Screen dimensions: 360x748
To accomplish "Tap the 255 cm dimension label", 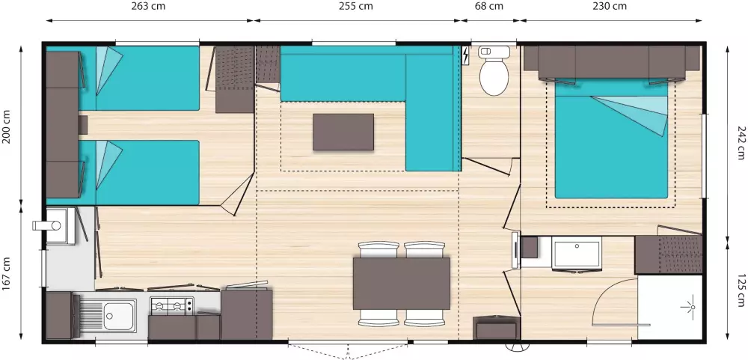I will pos(355,7).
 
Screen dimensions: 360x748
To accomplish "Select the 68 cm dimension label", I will pos(488,7).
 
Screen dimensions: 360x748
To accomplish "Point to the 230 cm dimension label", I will pos(609,7).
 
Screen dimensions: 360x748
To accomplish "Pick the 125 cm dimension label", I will pos(740,291).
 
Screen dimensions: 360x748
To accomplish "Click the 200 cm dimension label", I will pos(7,126).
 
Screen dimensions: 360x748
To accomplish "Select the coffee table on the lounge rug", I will pos(343,132).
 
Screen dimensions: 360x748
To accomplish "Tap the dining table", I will pos(402,283).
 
